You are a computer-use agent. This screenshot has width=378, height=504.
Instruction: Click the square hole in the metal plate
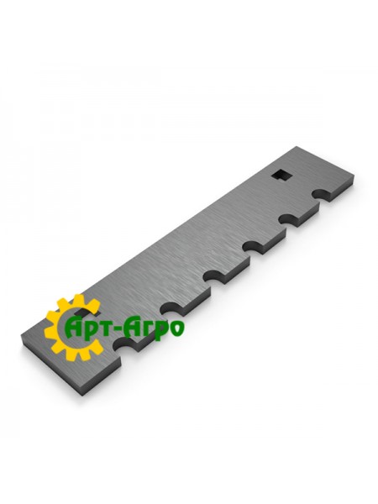282,174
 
